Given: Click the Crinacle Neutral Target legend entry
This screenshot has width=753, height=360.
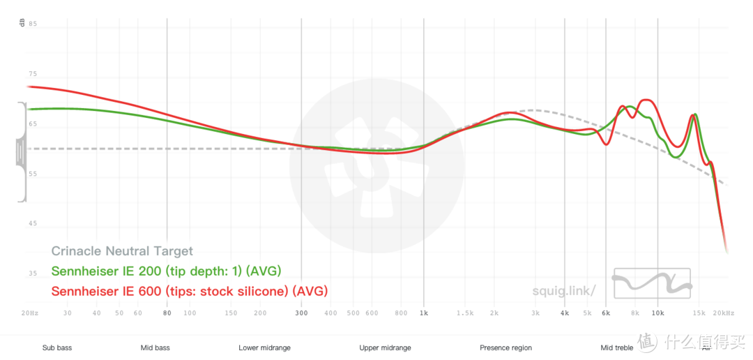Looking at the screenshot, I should pyautogui.click(x=122, y=251).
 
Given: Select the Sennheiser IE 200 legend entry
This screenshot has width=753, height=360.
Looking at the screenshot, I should pyautogui.click(x=166, y=271).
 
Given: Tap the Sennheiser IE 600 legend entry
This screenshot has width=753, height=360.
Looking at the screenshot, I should pyautogui.click(x=189, y=290).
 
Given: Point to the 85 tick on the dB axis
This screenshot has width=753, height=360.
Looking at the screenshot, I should pyautogui.click(x=33, y=24).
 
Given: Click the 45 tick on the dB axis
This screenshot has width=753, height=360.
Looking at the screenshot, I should pyautogui.click(x=33, y=224).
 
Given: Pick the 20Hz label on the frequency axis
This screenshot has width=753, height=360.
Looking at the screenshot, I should pyautogui.click(x=29, y=313).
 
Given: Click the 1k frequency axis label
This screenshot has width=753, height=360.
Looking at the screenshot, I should pyautogui.click(x=423, y=313).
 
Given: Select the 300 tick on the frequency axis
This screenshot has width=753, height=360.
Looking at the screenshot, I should pyautogui.click(x=301, y=313).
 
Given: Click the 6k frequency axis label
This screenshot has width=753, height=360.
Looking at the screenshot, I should pyautogui.click(x=605, y=313).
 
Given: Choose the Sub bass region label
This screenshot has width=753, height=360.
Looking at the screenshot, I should pyautogui.click(x=57, y=347).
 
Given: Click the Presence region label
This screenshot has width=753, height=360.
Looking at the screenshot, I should pyautogui.click(x=505, y=347).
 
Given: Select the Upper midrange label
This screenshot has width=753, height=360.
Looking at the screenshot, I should pyautogui.click(x=385, y=347).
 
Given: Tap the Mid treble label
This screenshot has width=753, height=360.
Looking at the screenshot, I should pyautogui.click(x=616, y=347).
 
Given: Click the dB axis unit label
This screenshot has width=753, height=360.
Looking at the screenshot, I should pyautogui.click(x=22, y=23).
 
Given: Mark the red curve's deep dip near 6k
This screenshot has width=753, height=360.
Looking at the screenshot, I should pyautogui.click(x=605, y=144).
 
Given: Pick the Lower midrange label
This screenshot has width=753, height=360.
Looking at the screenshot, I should pyautogui.click(x=264, y=347).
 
